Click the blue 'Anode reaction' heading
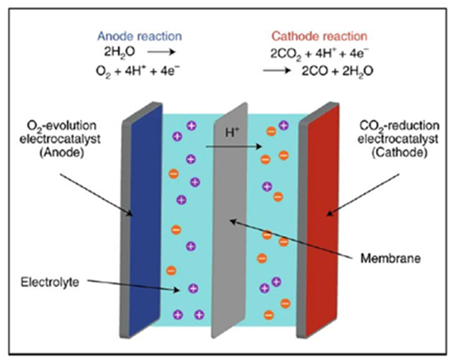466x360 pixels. [139, 36]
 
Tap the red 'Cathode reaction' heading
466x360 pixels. [319, 36]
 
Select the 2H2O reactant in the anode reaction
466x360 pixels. [119, 52]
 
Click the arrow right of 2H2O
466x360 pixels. [162, 53]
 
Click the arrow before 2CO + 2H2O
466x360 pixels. [276, 71]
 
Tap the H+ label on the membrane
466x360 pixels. [232, 132]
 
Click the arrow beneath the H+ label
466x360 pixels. [234, 147]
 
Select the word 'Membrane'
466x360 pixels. [390, 258]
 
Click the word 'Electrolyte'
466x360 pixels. [50, 282]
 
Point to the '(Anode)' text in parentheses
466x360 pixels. [62, 152]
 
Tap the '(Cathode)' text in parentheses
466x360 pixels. [400, 152]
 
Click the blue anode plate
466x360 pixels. [146, 221]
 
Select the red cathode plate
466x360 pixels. [322, 221]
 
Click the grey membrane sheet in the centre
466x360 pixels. [229, 221]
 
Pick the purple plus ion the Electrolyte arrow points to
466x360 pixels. [193, 288]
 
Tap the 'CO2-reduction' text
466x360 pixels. [399, 126]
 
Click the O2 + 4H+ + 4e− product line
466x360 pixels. [138, 72]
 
